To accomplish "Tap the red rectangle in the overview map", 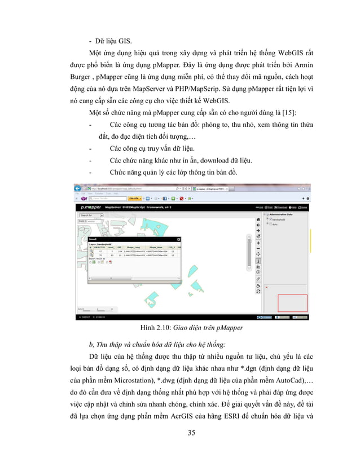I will point(292,303).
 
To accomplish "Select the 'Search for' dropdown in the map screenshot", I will point(88,215).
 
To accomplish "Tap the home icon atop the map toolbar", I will point(258,218).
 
